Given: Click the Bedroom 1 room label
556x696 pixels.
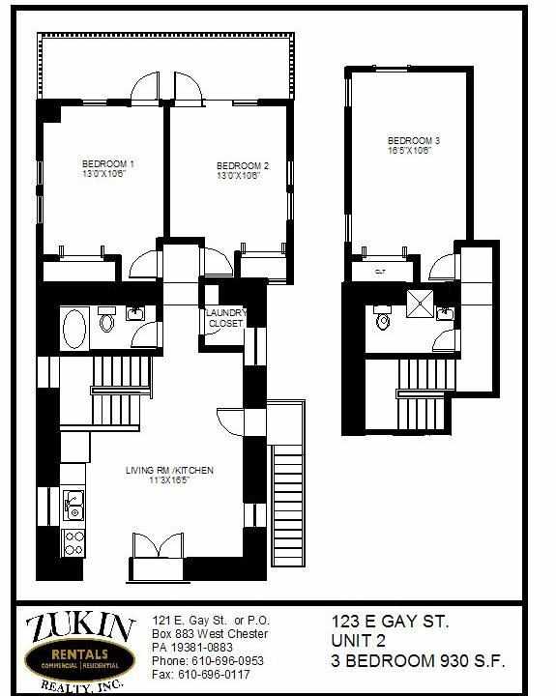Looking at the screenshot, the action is click(x=108, y=163).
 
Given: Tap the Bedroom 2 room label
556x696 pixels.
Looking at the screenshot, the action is click(x=243, y=166).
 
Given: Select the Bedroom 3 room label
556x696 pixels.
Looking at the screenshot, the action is click(x=414, y=141).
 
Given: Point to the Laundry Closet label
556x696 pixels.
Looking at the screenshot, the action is click(x=226, y=318).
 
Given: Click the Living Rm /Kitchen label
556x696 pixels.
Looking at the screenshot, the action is click(x=169, y=470).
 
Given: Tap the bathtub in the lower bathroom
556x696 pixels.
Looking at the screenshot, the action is click(x=74, y=329).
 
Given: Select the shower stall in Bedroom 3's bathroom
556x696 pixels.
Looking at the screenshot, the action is click(x=420, y=304).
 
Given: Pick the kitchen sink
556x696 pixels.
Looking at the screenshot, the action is click(x=73, y=506).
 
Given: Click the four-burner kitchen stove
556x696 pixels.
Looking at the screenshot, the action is click(x=73, y=543).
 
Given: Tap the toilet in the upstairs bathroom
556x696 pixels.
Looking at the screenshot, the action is click(x=382, y=317).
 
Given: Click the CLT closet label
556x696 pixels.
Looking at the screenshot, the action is click(x=380, y=272).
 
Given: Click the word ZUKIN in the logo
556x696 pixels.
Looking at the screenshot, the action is click(x=80, y=627).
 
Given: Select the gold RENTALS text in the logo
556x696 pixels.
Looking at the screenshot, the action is click(x=79, y=653).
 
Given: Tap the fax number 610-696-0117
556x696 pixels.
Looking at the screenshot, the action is click(x=214, y=675).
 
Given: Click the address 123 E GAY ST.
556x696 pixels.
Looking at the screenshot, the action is click(x=390, y=622).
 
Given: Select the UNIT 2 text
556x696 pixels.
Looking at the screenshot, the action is click(x=358, y=641).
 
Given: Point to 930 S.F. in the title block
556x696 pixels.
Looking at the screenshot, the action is click(x=473, y=661).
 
